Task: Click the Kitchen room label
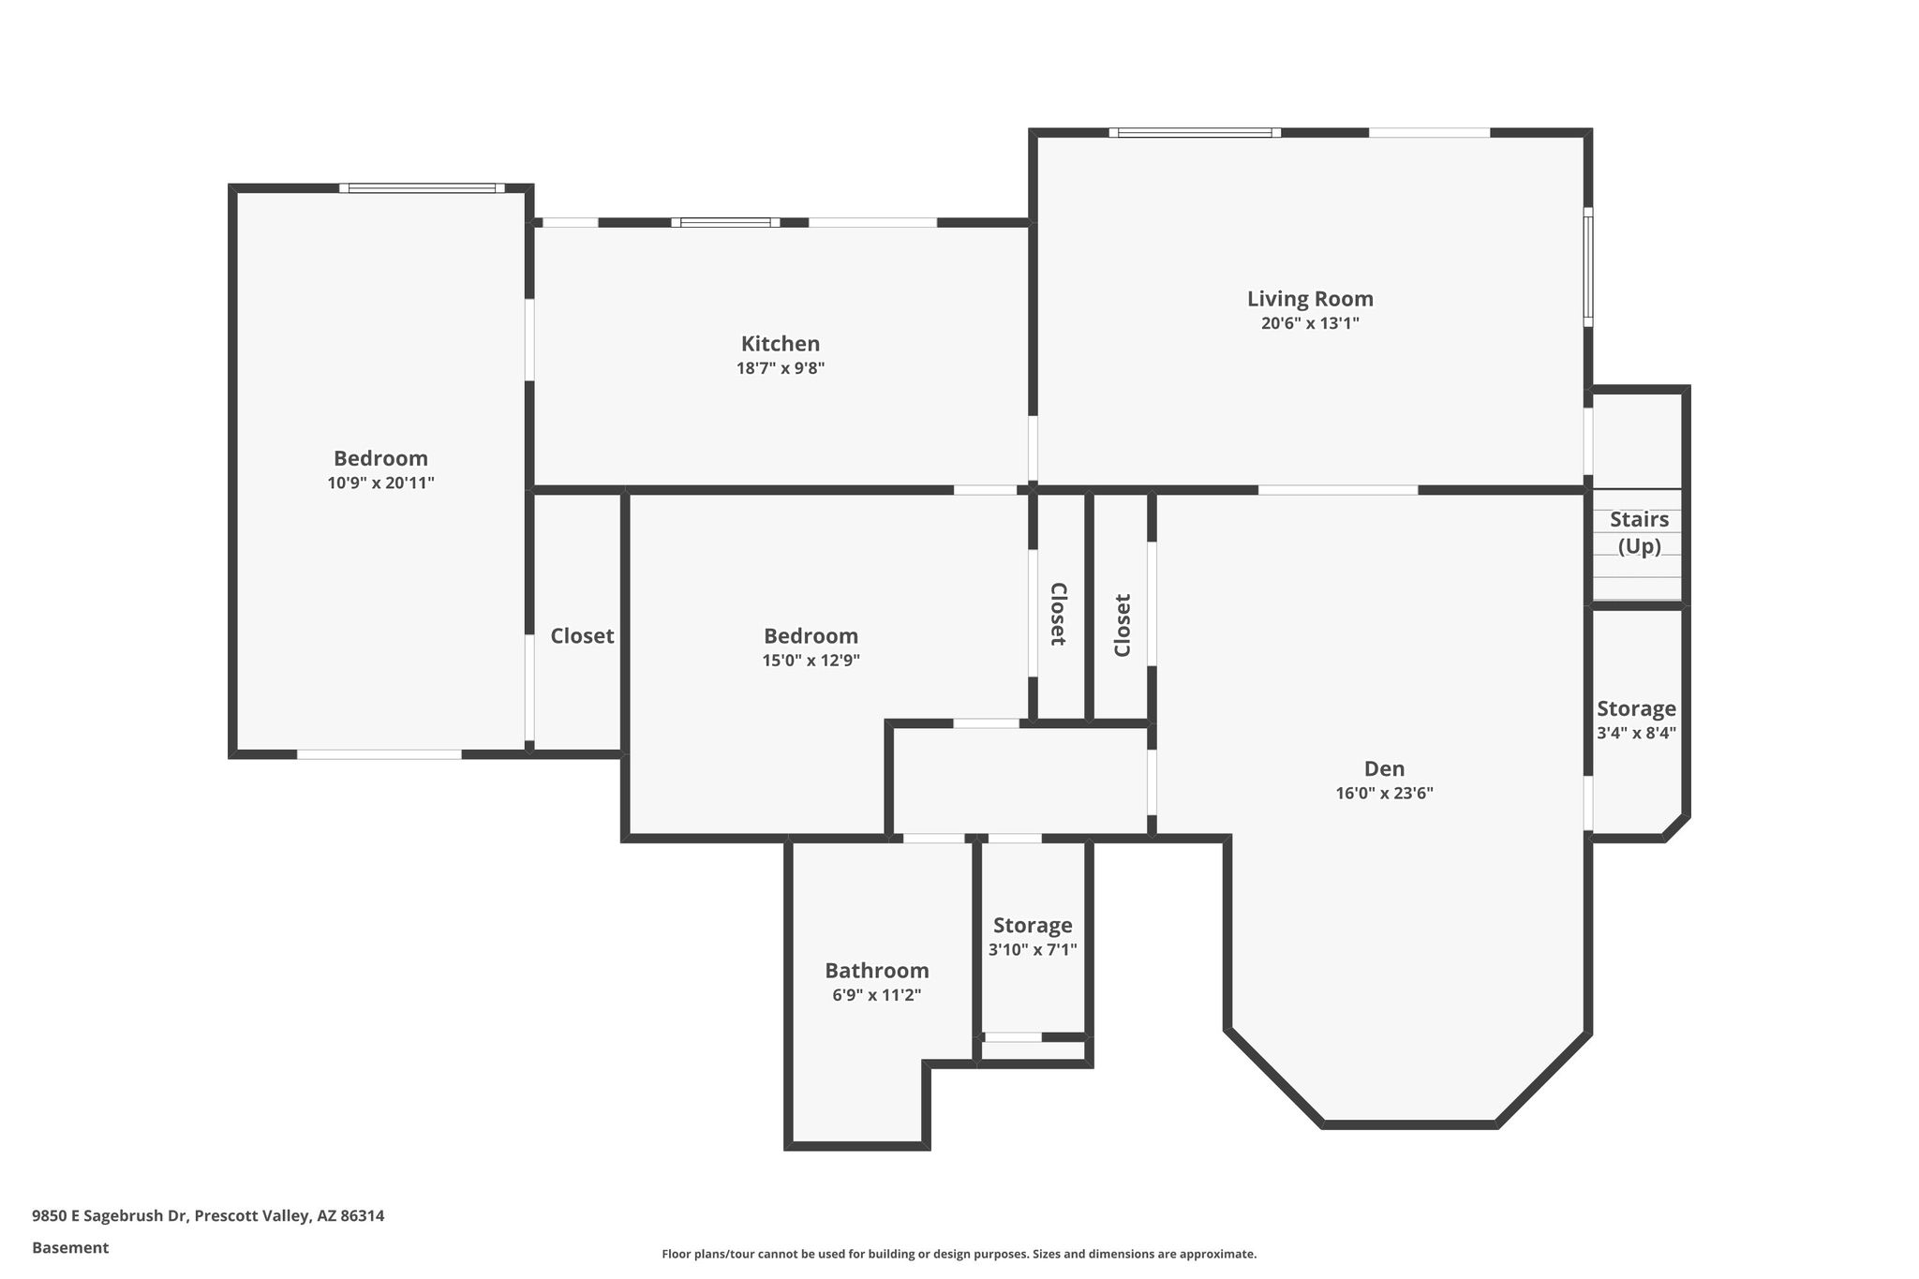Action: pos(781,344)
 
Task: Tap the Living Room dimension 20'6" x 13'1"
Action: pos(1310,323)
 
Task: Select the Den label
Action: pos(1384,769)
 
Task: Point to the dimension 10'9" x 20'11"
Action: pos(380,483)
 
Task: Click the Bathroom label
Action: pos(877,971)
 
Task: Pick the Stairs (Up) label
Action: pos(1639,532)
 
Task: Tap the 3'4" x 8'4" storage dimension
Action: pos(1636,734)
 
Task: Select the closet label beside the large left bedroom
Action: pos(582,636)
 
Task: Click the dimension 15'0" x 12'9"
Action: pos(811,661)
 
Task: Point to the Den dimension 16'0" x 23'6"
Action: pos(1384,794)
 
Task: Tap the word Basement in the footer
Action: pos(70,1248)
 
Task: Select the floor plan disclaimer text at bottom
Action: pos(959,1254)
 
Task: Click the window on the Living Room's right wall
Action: pos(1588,267)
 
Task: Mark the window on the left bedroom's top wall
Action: pos(422,188)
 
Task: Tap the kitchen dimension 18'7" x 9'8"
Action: pos(781,368)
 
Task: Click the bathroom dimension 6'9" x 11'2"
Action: pos(877,995)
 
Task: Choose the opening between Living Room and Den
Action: pos(1337,490)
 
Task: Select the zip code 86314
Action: pos(363,1216)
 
